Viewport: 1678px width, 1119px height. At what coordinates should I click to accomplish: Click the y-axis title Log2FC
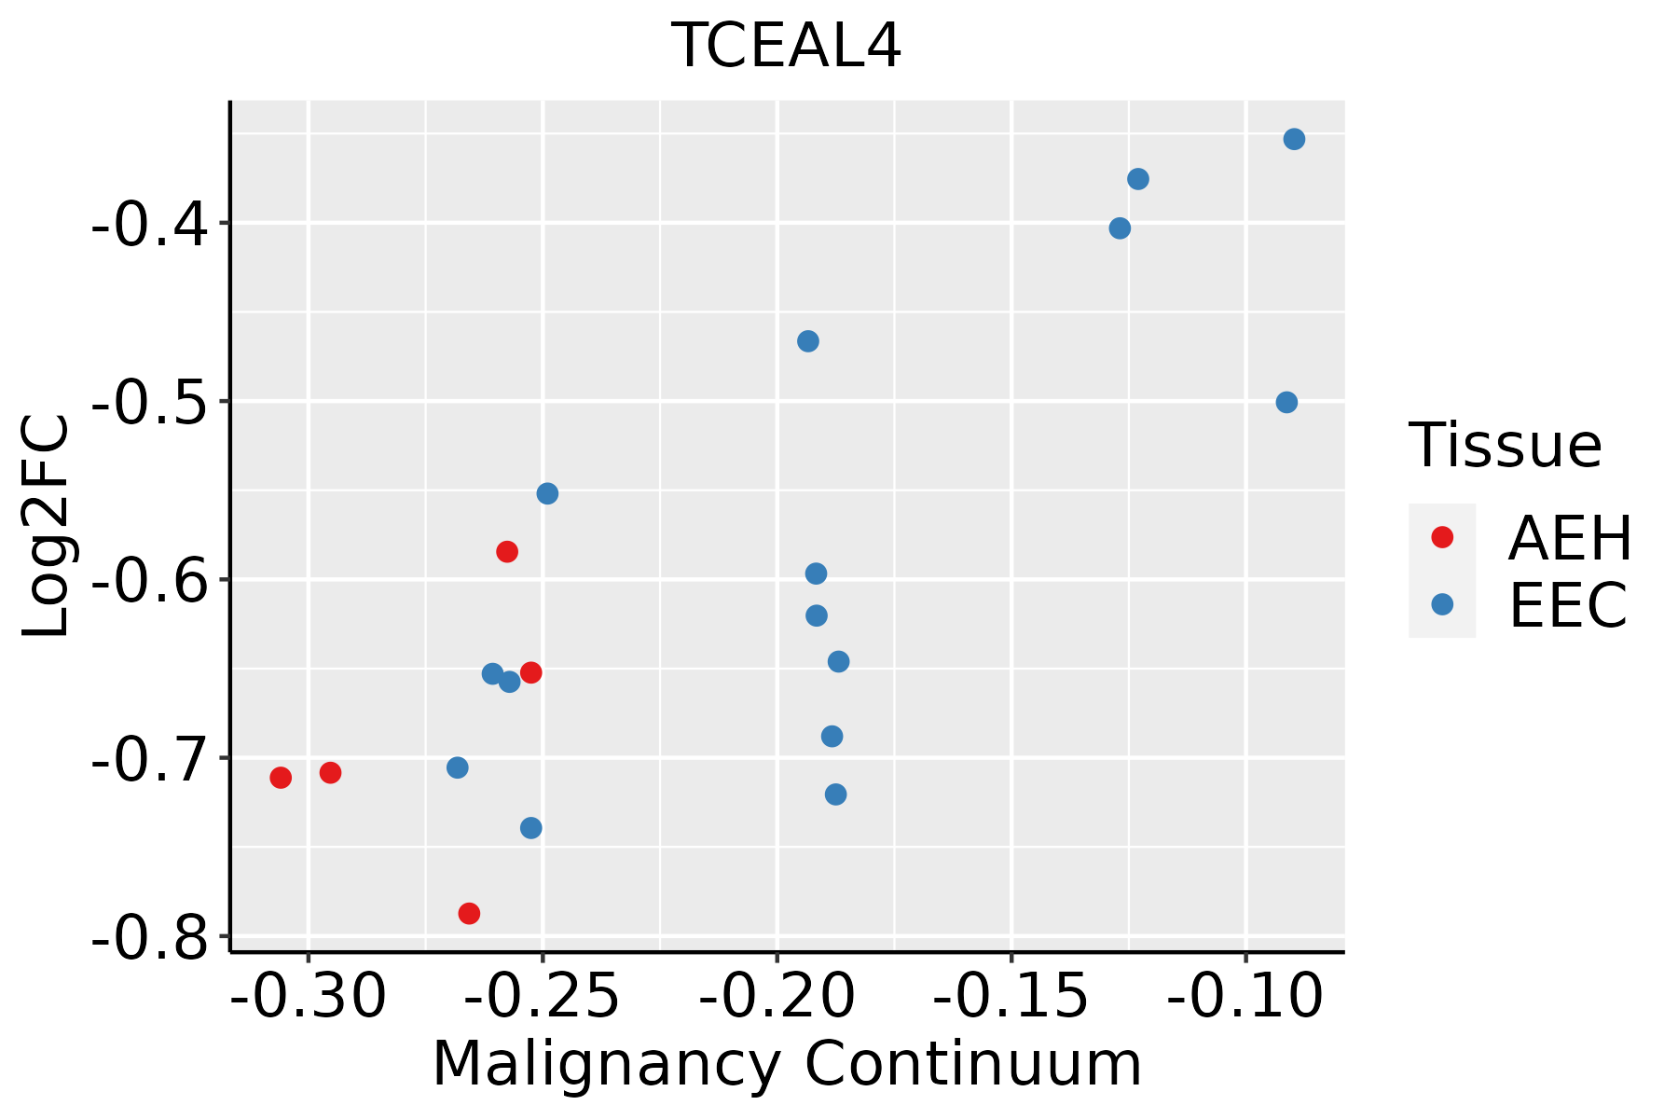point(47,527)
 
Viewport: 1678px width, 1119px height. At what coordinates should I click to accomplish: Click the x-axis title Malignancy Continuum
point(787,1064)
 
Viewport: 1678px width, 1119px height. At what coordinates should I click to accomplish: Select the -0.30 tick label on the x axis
point(308,996)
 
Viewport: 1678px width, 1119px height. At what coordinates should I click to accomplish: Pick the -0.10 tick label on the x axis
point(1245,996)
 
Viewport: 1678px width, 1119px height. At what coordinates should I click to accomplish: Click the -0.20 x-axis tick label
point(777,996)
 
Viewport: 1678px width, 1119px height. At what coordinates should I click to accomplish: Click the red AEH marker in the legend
point(1442,537)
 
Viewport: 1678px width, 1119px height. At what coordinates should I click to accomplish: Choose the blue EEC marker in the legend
point(1442,604)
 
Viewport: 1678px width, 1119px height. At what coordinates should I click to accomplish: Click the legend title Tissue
point(1505,446)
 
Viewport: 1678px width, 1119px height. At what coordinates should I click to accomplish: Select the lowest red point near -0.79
point(469,913)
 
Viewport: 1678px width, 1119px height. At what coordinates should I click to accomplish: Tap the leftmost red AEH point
point(281,778)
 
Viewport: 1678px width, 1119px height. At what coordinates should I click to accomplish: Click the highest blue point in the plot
point(1294,139)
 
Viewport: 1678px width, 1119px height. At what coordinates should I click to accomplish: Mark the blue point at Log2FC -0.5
point(1286,403)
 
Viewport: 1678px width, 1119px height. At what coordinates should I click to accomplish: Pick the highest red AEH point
point(507,551)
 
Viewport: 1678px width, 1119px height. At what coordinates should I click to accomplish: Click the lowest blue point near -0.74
point(531,828)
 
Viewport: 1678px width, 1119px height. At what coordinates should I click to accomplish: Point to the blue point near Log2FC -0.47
point(808,341)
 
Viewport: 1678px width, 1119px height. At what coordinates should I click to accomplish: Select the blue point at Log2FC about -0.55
point(547,493)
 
